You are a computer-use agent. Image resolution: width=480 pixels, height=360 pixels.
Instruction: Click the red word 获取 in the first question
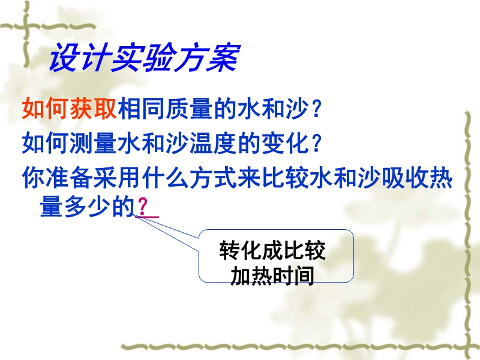94,109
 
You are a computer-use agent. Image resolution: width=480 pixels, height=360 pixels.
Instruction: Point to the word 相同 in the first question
141,109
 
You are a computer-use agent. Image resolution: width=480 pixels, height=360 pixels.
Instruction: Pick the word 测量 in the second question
93,143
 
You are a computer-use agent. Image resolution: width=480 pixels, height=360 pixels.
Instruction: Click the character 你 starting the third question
34,177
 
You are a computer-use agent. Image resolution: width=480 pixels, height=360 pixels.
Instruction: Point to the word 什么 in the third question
165,177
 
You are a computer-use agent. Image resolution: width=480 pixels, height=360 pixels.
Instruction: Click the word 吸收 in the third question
404,177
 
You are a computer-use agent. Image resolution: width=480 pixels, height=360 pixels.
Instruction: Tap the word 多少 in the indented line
87,207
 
